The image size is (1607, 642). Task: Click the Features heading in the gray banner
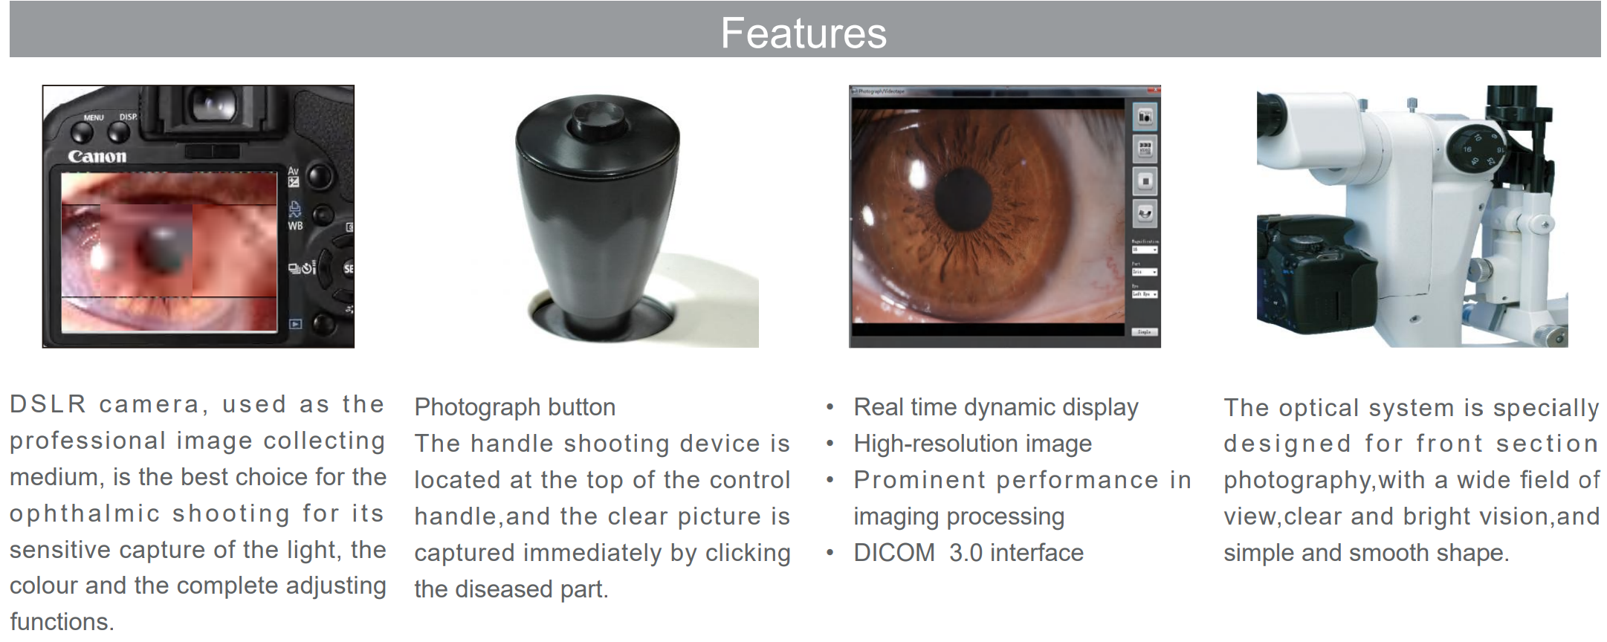pyautogui.click(x=803, y=33)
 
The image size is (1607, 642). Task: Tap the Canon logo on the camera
pyautogui.click(x=97, y=156)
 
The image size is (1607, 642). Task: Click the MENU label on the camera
pyautogui.click(x=94, y=117)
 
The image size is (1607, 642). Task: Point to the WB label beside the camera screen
pyautogui.click(x=295, y=226)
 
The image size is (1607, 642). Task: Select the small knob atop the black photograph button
pyautogui.click(x=597, y=123)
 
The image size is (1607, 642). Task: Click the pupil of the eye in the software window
pyautogui.click(x=963, y=198)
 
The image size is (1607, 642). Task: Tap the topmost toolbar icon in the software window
pyautogui.click(x=1145, y=116)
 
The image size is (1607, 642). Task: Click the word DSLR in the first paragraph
pyautogui.click(x=48, y=404)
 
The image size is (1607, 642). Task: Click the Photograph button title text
pyautogui.click(x=514, y=407)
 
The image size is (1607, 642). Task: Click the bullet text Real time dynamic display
pyautogui.click(x=996, y=407)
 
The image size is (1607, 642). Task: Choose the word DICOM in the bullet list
pyautogui.click(x=894, y=553)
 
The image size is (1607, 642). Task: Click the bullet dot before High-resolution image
pyautogui.click(x=830, y=444)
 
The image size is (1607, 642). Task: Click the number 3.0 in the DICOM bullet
pyautogui.click(x=966, y=553)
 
